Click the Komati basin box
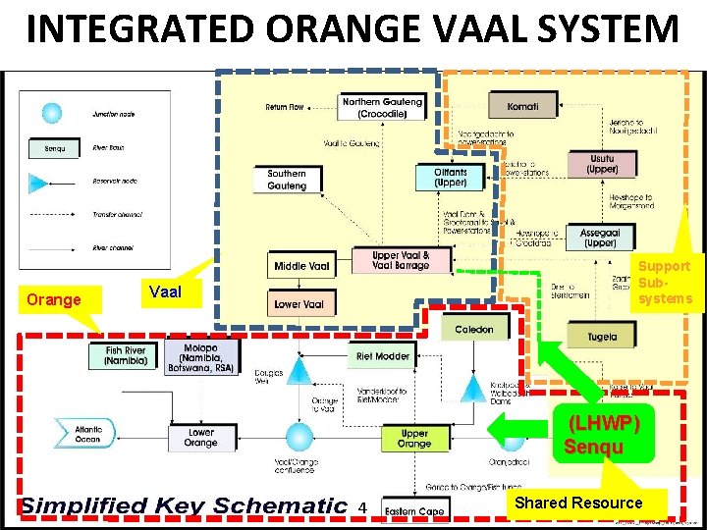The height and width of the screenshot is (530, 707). [x=521, y=106]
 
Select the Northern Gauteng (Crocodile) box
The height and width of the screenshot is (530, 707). [x=382, y=106]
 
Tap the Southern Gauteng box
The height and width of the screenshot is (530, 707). [x=287, y=180]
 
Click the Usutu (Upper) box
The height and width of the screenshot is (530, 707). [x=602, y=164]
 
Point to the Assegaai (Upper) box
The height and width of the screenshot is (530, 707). [x=600, y=237]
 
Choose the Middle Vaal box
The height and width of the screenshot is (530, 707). [x=301, y=266]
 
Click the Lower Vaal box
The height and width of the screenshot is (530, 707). [x=299, y=304]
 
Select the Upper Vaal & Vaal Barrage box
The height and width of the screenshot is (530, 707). [x=401, y=260]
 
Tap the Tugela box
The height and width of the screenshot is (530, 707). [x=603, y=337]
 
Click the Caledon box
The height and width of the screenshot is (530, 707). [x=474, y=329]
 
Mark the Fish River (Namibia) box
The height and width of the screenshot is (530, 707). [x=124, y=356]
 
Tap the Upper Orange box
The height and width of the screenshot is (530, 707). [x=413, y=438]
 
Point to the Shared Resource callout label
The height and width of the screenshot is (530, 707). [x=578, y=503]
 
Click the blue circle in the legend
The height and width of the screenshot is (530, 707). [x=51, y=114]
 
